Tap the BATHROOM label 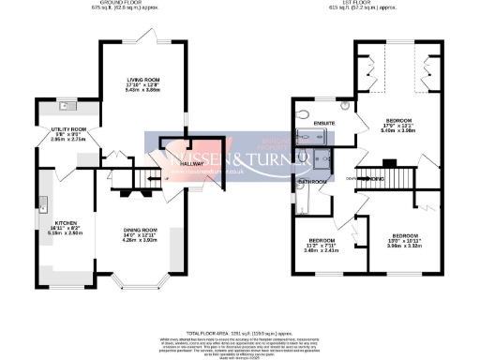310,180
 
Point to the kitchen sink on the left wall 43,202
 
